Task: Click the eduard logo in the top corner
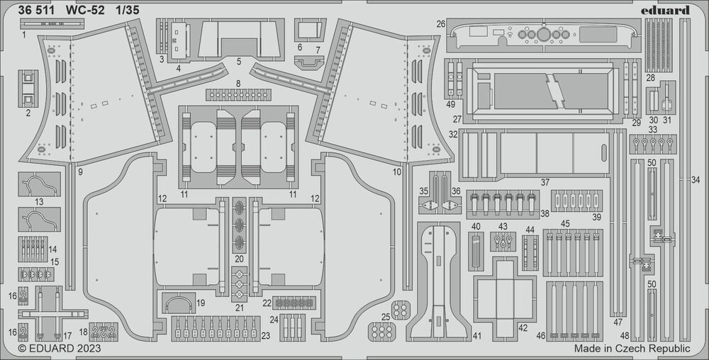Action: (668, 10)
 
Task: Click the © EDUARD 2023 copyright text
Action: (59, 348)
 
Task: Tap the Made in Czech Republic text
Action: (632, 349)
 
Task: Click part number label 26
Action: (440, 24)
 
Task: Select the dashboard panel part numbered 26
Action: (541, 35)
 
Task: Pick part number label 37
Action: (545, 182)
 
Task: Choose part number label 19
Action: (201, 303)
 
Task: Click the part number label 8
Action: (238, 84)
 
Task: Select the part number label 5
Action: (238, 62)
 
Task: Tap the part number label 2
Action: (28, 113)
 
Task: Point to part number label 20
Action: (239, 259)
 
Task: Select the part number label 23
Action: (265, 336)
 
